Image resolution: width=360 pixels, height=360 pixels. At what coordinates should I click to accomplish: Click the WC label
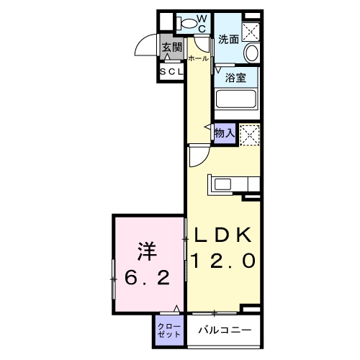[x=202, y=22]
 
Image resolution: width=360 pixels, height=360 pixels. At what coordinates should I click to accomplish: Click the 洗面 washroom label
[x=228, y=39]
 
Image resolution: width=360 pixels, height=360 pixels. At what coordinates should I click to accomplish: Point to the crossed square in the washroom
[x=251, y=30]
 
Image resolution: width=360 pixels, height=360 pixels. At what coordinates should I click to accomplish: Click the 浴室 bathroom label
[x=235, y=76]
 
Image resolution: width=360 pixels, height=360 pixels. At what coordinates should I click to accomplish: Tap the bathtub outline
[x=236, y=99]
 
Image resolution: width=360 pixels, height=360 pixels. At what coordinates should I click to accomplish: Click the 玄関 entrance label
[x=171, y=48]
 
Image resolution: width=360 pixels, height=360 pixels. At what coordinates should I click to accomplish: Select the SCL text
[x=171, y=73]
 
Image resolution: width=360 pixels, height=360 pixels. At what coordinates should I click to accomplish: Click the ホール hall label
[x=198, y=58]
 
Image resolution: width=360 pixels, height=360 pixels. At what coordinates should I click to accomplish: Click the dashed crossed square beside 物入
[x=249, y=133]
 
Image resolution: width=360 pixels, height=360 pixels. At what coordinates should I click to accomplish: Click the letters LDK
[x=222, y=235]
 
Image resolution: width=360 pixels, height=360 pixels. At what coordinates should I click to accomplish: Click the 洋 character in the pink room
[x=148, y=252]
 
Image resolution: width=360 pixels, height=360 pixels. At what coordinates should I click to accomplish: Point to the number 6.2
[x=148, y=278]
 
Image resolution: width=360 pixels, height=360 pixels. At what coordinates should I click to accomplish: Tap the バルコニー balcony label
[x=225, y=330]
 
